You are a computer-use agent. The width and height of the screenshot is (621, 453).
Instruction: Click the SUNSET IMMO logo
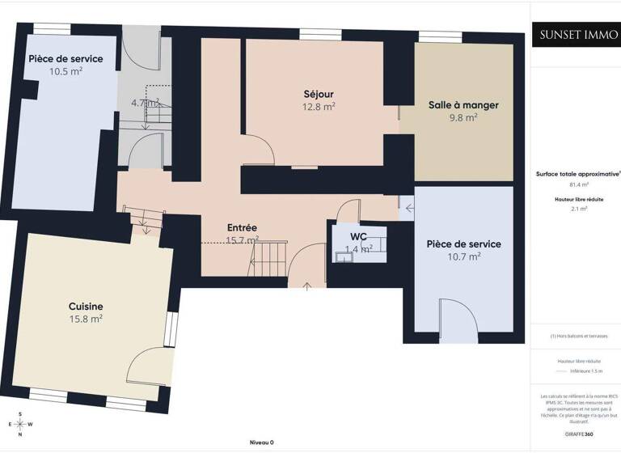tap(577, 35)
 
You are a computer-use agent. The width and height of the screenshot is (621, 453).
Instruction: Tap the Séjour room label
tap(319, 95)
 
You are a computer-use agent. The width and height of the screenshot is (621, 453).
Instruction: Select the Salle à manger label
tap(463, 105)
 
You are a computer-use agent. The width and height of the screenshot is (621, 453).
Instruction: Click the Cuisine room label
tap(85, 307)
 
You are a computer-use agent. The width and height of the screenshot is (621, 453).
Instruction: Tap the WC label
tap(359, 237)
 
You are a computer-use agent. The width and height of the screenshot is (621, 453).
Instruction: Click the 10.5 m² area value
tap(65, 71)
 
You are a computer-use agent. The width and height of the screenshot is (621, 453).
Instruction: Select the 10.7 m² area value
tap(463, 256)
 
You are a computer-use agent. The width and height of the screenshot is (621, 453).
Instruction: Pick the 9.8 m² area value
tap(463, 117)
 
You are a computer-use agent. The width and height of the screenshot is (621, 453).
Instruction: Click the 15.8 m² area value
tap(85, 319)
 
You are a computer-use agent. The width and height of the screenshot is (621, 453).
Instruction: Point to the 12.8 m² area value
tap(319, 106)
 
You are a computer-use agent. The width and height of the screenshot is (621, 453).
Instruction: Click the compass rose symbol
tap(19, 424)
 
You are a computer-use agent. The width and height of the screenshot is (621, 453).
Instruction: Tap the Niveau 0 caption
tap(261, 442)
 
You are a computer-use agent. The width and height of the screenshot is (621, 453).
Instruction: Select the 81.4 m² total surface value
tap(577, 184)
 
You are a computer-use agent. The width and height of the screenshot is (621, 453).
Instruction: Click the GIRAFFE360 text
tap(577, 434)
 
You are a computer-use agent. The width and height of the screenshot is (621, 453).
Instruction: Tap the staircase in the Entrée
tap(268, 259)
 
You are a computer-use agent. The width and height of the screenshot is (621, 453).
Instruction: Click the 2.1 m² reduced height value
tap(577, 209)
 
